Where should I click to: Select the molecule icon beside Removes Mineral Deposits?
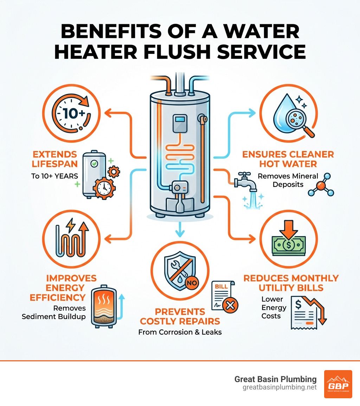[320, 184]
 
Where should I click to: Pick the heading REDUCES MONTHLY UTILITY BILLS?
[291, 283]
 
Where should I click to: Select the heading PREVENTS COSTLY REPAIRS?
[180, 316]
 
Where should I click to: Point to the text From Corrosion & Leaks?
[180, 332]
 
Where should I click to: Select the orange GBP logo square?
[338, 384]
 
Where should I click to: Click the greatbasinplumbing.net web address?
[279, 387]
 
